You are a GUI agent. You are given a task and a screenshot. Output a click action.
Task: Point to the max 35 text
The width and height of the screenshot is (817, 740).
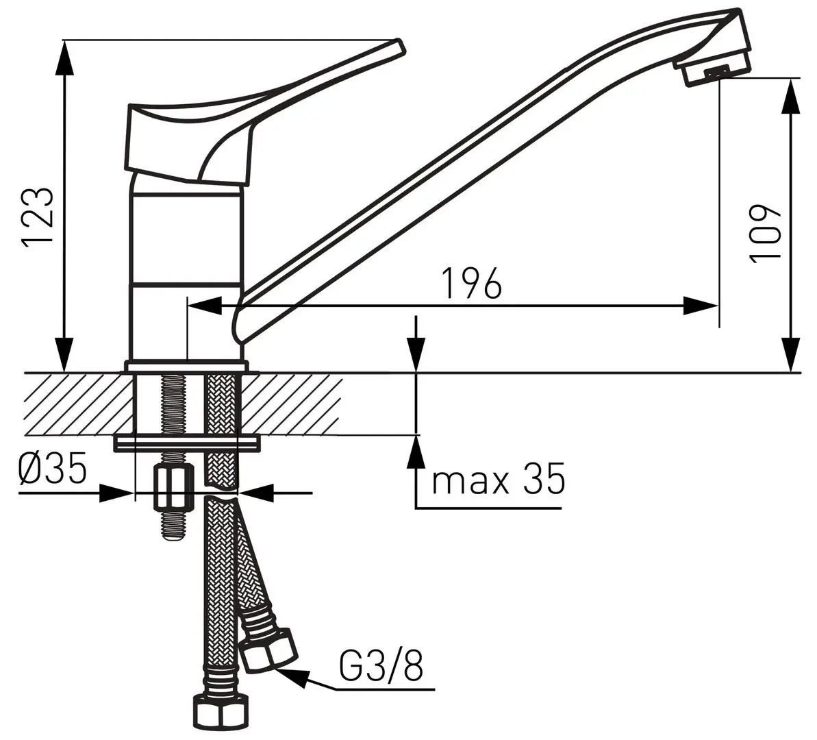click(498, 480)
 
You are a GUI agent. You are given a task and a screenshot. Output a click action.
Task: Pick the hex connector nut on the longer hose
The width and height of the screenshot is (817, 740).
click(218, 715)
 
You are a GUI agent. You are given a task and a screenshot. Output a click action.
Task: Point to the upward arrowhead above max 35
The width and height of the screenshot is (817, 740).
click(416, 452)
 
